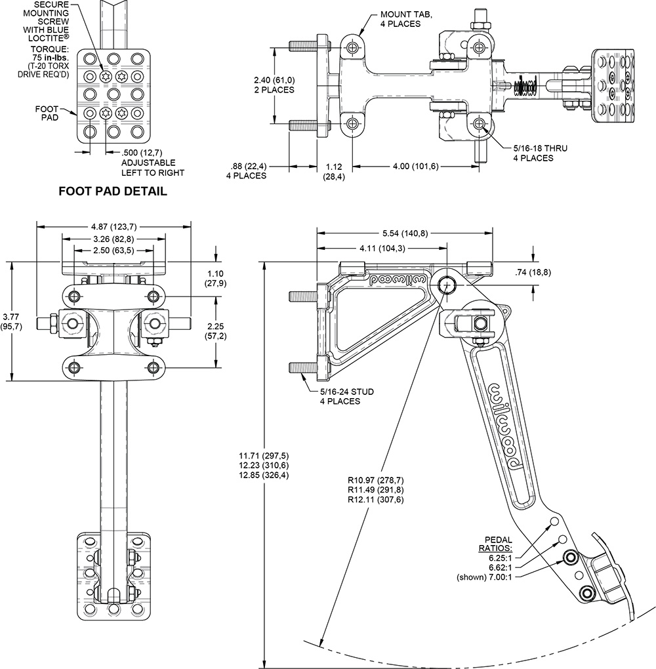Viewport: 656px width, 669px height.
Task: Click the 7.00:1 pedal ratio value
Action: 500,577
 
